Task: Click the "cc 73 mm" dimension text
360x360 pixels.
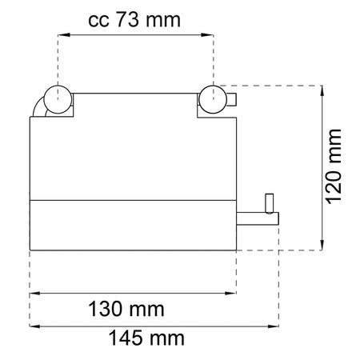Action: pos(134,20)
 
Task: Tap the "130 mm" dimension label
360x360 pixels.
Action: pos(126,309)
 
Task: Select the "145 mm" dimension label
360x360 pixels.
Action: pos(146,338)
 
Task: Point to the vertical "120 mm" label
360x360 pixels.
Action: pos(334,166)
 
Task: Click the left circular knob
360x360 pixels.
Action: pos(58,99)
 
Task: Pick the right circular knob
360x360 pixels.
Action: pos(213,99)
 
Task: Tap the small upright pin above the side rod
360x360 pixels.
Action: pos(270,203)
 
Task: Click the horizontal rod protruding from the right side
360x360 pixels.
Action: pos(258,218)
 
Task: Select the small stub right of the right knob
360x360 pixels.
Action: pos(231,99)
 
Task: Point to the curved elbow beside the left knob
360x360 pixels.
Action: pos(38,106)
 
